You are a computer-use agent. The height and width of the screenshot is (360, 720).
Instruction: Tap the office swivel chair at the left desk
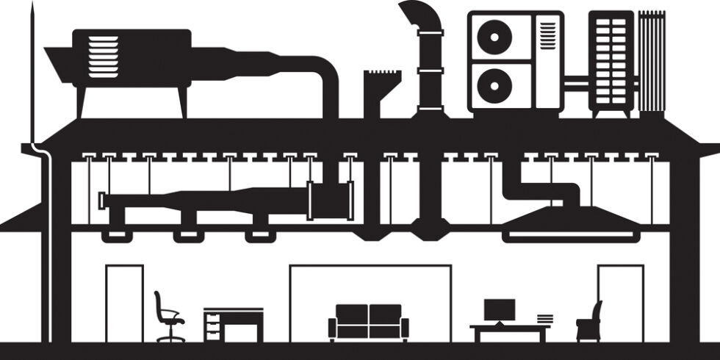pyautogui.click(x=168, y=317)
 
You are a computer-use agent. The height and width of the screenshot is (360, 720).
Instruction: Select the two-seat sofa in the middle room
pyautogui.click(x=368, y=322)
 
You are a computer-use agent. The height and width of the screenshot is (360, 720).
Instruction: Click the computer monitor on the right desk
pyautogui.click(x=499, y=310)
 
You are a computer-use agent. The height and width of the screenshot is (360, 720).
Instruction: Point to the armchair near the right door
pyautogui.click(x=589, y=323)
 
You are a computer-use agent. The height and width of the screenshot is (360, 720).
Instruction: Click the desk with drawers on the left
pyautogui.click(x=233, y=324)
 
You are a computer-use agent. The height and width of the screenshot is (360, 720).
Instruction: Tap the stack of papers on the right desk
pyautogui.click(x=544, y=319)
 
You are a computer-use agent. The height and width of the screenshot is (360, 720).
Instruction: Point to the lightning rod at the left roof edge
pyautogui.click(x=32, y=73)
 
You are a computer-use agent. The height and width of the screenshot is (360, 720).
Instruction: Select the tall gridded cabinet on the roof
pyautogui.click(x=611, y=62)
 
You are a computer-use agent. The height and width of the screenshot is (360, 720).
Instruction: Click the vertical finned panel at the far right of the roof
pyautogui.click(x=651, y=62)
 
